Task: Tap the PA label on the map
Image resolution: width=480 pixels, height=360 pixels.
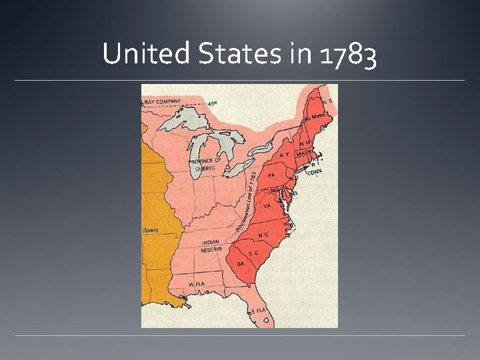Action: [271, 175]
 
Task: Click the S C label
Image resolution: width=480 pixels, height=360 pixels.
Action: [253, 253]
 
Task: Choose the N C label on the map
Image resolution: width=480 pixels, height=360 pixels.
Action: [264, 235]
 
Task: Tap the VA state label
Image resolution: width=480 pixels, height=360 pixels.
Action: [267, 206]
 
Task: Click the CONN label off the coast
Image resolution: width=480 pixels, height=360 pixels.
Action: [315, 171]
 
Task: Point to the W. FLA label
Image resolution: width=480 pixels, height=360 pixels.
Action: [196, 283]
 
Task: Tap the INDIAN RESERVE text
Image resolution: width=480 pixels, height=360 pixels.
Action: [212, 246]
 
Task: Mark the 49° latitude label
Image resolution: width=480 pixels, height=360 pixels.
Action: [212, 104]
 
